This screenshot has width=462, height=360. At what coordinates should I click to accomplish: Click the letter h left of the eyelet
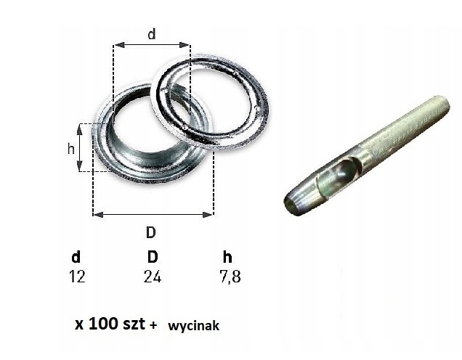coord(70,148)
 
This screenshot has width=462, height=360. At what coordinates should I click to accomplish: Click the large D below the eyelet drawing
coord(151,233)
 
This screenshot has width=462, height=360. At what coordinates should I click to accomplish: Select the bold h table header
coord(228,257)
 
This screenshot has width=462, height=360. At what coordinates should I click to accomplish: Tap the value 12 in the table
coord(76,277)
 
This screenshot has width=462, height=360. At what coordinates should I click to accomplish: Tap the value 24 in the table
coord(152,277)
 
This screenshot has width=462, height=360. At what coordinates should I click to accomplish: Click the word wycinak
coord(193,327)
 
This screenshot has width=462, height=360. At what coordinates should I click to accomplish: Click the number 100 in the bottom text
coord(101,324)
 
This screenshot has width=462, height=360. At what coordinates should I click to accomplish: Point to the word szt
coord(132,324)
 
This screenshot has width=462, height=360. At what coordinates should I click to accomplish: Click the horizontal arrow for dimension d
coord(151,45)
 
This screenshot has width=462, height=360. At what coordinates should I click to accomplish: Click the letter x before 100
coord(78,325)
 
